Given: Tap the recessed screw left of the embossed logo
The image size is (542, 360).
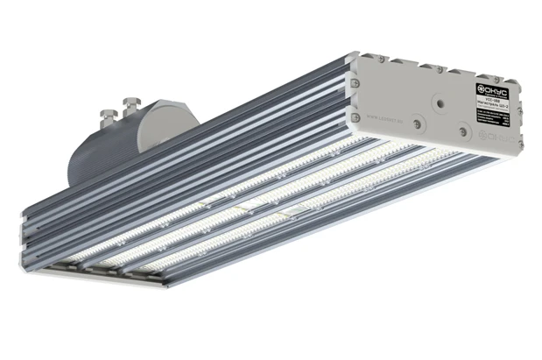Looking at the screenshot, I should click(x=461, y=132).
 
